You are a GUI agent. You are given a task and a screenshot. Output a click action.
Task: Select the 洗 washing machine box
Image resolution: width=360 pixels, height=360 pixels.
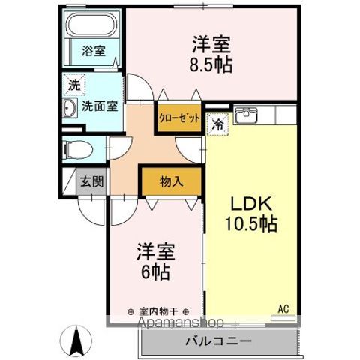[x=74, y=85]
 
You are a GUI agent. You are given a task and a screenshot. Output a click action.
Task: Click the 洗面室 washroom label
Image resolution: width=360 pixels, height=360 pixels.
[x=100, y=106]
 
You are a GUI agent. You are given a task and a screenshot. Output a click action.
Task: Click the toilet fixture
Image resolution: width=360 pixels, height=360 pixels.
[x=76, y=148]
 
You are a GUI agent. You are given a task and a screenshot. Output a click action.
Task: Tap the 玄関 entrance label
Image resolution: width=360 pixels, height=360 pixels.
[x=92, y=181]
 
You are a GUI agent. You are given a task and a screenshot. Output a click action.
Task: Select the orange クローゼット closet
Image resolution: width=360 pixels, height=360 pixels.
[x=179, y=118]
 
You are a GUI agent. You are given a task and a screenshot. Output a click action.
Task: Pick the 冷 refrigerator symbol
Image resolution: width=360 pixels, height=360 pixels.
[x=217, y=125]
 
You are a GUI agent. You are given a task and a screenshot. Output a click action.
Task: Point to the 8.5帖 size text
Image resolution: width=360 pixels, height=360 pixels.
[x=211, y=64]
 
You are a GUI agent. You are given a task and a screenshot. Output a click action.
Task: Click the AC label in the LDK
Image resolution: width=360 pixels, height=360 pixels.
[x=283, y=307]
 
